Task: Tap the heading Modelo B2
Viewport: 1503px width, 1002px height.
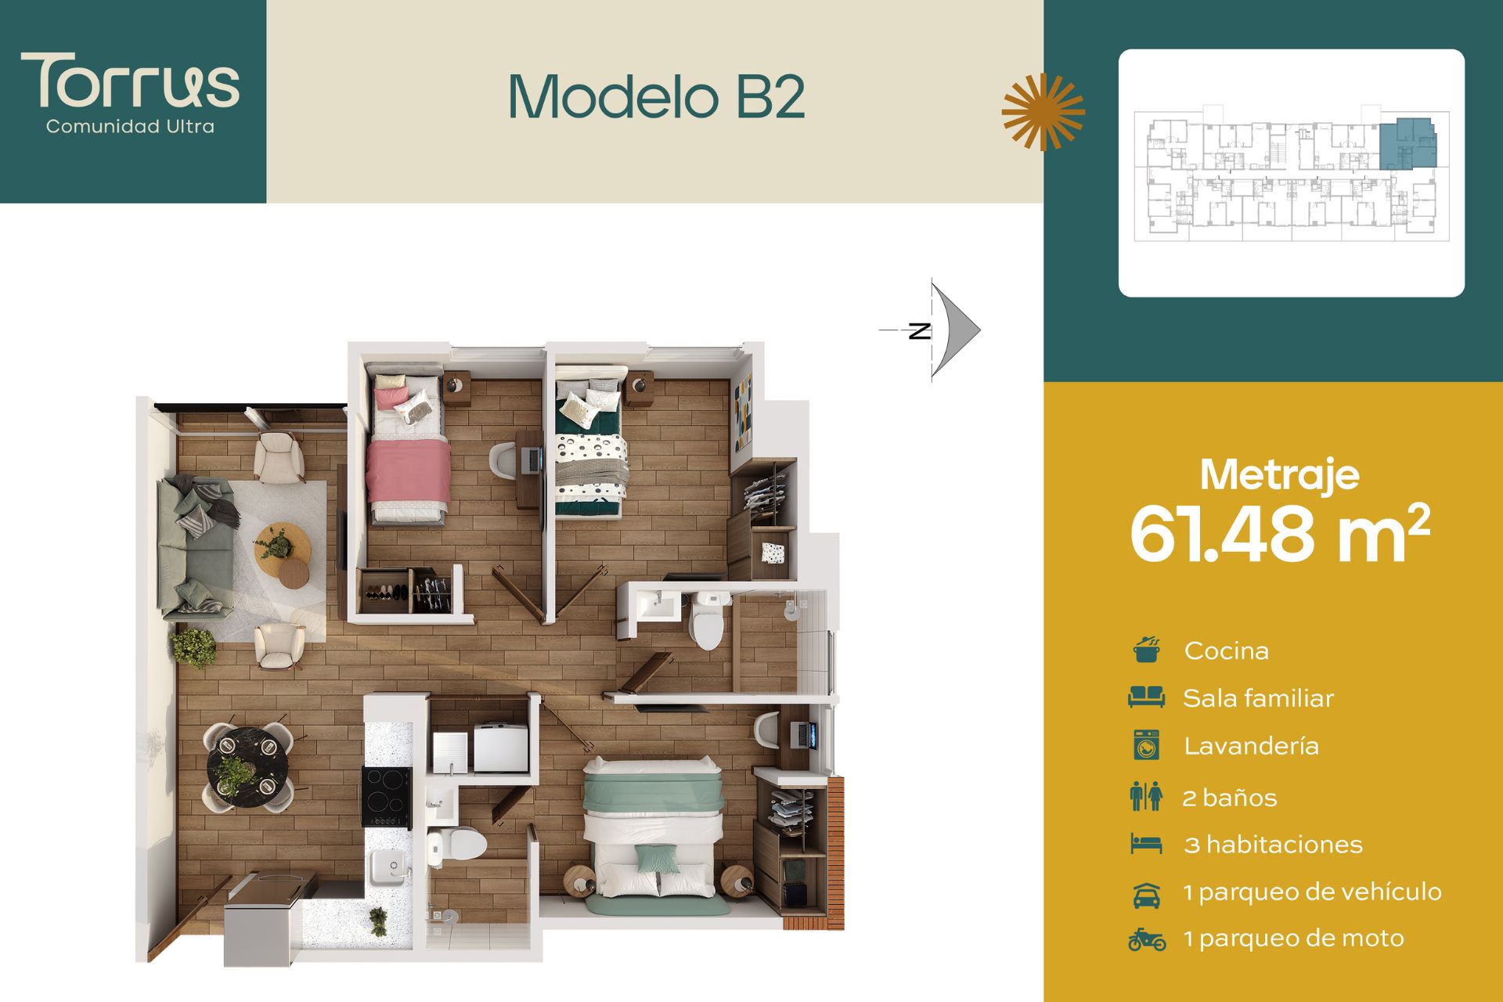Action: coord(657,96)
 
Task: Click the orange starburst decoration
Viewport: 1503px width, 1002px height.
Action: coord(1043,112)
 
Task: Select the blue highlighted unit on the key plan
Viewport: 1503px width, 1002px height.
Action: coord(1407,145)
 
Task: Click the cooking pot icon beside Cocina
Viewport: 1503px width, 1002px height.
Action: coord(1147,650)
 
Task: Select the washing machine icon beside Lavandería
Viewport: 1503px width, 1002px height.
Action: coord(1146,745)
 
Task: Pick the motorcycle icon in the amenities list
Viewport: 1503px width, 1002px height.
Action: coord(1147,939)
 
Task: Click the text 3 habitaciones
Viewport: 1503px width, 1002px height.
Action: coord(1273,845)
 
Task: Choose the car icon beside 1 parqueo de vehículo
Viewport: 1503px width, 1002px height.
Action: coord(1147,894)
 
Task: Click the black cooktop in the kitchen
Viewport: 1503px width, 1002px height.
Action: coord(387,796)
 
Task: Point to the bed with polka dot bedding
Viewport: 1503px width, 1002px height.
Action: coord(591,442)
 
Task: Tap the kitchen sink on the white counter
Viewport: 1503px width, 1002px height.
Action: coord(387,866)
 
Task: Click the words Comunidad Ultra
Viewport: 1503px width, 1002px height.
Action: coord(130,127)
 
